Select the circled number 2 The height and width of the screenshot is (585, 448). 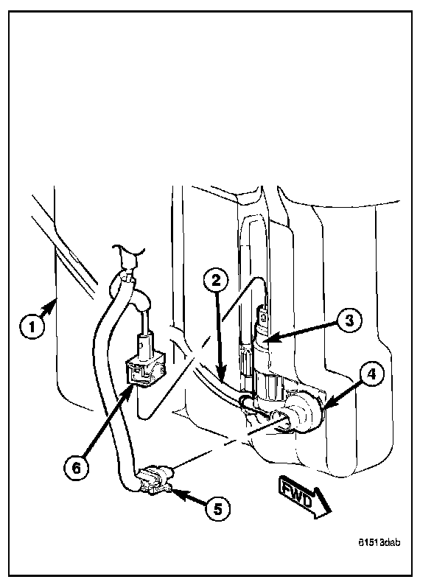pos(214,281)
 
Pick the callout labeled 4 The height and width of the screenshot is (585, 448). pos(372,375)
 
